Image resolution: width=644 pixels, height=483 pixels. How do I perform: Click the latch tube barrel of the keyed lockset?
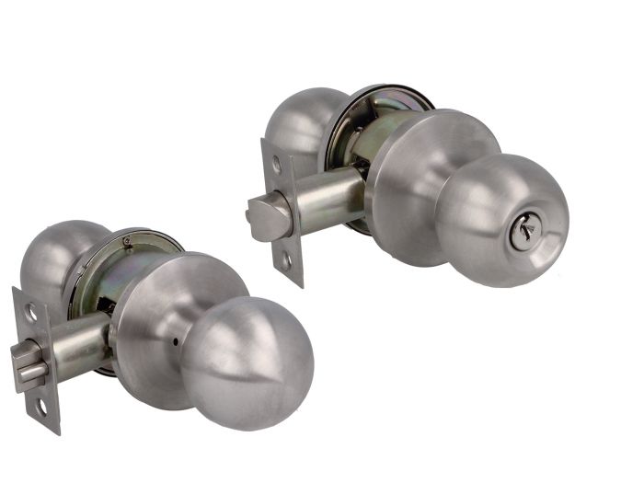point(327,198)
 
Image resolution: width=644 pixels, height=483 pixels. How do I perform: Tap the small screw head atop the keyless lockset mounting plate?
point(127,242)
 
